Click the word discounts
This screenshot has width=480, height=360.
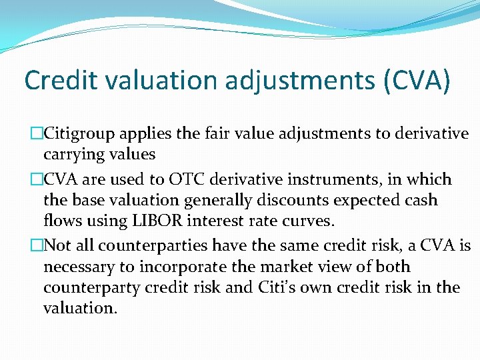point(293,199)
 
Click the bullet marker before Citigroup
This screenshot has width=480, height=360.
point(37,133)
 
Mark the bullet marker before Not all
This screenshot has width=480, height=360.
point(37,246)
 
